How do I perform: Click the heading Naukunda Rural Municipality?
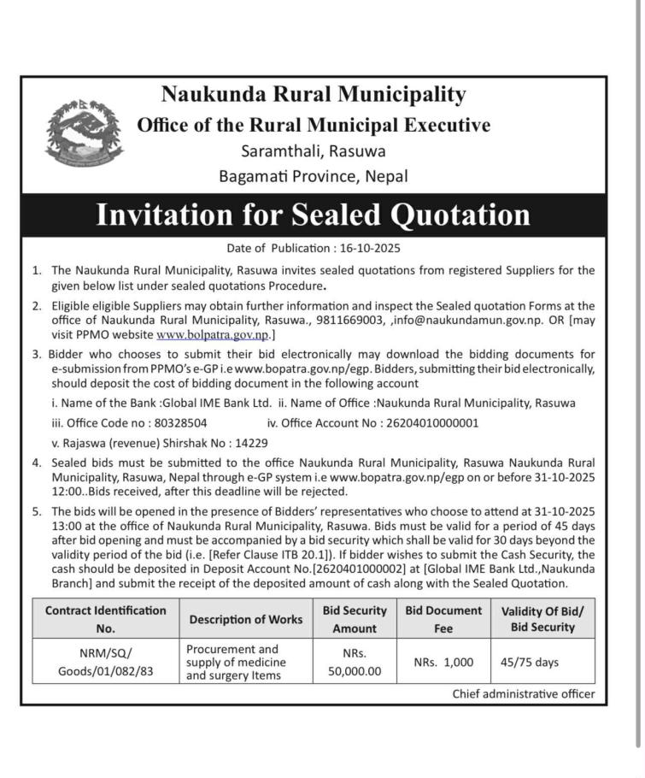314,94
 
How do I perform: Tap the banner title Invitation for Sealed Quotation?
313,214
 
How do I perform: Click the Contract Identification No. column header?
105,619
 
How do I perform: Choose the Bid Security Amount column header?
354,619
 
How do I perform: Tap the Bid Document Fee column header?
443,619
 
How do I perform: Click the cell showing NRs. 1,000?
443,662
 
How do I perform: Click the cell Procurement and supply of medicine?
233,662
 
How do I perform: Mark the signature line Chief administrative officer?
523,694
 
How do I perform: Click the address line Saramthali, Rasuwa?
313,151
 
